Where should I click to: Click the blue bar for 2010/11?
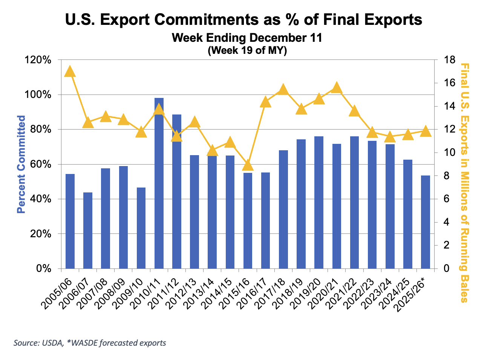pyautogui.click(x=159, y=183)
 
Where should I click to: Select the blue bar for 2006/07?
pyautogui.click(x=88, y=230)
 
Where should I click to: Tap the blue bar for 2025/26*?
pyautogui.click(x=426, y=222)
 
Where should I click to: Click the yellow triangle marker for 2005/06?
pyautogui.click(x=70, y=71)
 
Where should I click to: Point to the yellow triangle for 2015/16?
pyautogui.click(x=248, y=165)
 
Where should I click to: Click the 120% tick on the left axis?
pyautogui.click(x=39, y=60)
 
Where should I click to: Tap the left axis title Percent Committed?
pyautogui.click(x=21, y=164)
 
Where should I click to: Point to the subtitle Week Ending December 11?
pyautogui.click(x=247, y=38)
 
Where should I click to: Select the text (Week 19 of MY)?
pyautogui.click(x=247, y=50)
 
